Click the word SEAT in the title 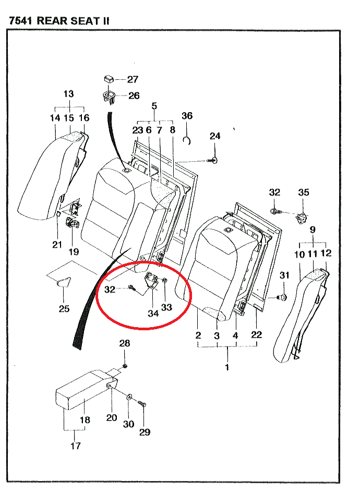(81, 21)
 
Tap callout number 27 (133, 79)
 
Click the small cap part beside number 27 (109, 79)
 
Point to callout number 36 (187, 115)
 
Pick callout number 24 (215, 136)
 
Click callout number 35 (304, 193)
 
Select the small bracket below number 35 (301, 217)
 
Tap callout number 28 (124, 343)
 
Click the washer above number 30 (129, 398)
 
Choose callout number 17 (76, 446)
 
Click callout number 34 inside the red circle (153, 314)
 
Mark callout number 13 (69, 94)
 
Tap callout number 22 (256, 334)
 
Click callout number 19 (74, 251)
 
